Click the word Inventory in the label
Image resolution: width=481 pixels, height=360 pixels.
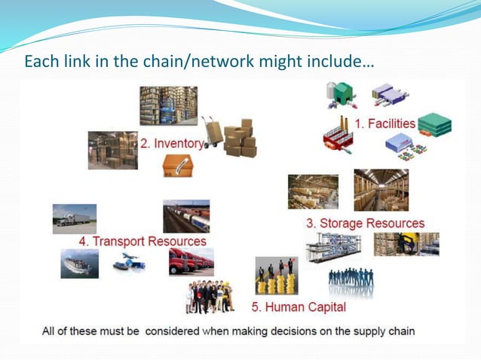(179, 143)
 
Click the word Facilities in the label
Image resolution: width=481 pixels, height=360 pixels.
(391, 123)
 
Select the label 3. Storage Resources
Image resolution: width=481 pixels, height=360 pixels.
(365, 223)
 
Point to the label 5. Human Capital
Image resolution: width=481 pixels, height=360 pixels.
(299, 307)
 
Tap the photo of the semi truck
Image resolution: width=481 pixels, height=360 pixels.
(74, 218)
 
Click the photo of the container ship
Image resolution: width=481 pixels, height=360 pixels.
(79, 264)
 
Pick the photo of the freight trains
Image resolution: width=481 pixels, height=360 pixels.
(186, 215)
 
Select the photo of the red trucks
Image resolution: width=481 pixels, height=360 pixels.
(191, 262)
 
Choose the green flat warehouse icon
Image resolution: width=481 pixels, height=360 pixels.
(434, 124)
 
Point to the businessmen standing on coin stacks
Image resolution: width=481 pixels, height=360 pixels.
(276, 275)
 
